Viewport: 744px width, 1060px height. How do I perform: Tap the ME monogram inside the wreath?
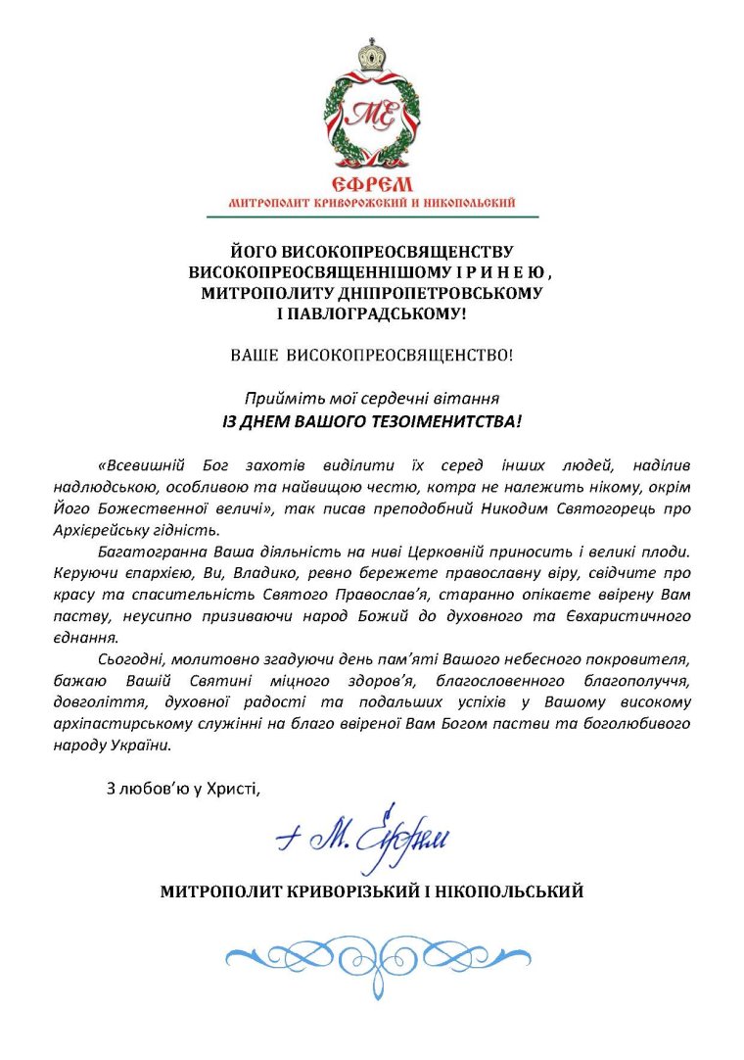372,115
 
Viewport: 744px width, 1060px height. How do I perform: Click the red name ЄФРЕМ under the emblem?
372,184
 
